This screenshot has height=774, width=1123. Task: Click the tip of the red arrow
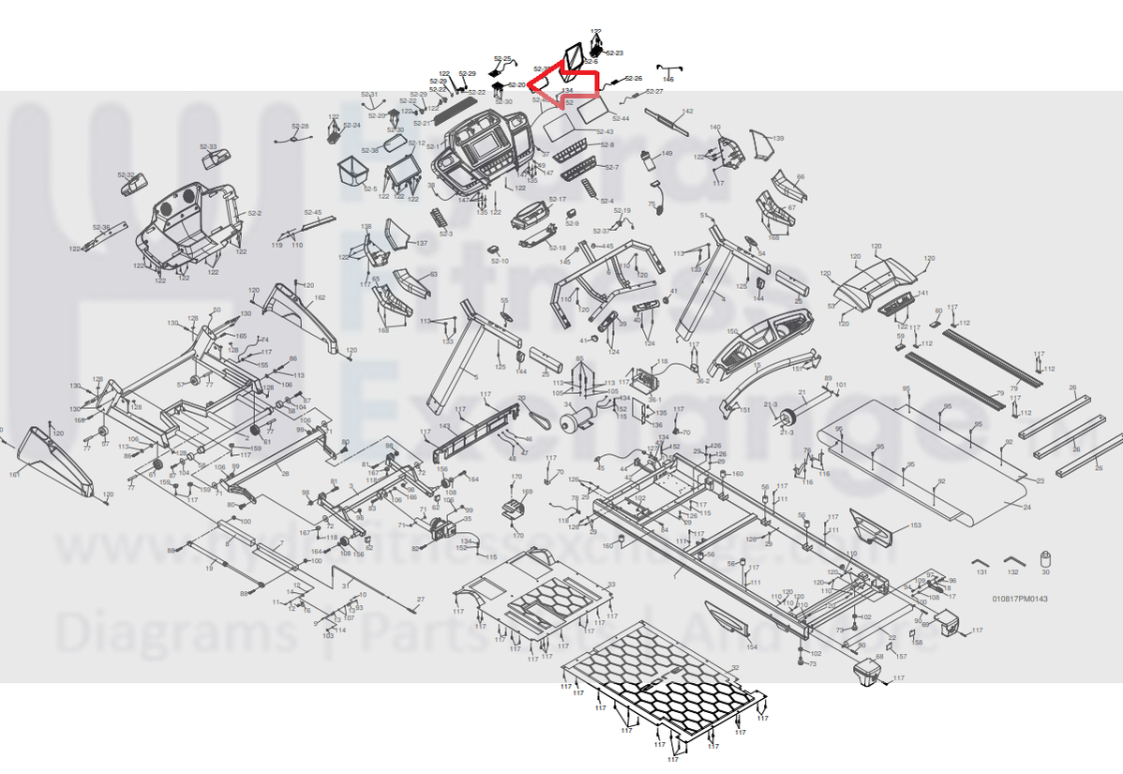(532, 84)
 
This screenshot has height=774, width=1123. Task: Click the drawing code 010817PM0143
(1020, 599)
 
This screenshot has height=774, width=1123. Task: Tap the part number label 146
(668, 80)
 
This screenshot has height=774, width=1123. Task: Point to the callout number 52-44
(621, 118)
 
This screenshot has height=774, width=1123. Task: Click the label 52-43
(605, 131)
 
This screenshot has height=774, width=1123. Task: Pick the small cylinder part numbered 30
(1046, 561)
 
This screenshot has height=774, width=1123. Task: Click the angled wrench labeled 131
(981, 561)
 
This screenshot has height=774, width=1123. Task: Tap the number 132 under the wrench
(1012, 571)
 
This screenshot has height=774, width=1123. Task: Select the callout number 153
(916, 525)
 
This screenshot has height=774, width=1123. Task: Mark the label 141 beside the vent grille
(922, 294)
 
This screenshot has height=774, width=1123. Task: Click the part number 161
(15, 475)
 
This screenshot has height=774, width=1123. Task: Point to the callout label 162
(320, 297)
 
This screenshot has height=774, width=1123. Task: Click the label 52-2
(255, 213)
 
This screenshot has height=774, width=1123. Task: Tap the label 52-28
(300, 126)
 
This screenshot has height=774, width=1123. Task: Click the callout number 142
(688, 111)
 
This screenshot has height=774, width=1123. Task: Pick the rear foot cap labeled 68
(865, 670)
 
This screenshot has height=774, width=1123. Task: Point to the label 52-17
(558, 199)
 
